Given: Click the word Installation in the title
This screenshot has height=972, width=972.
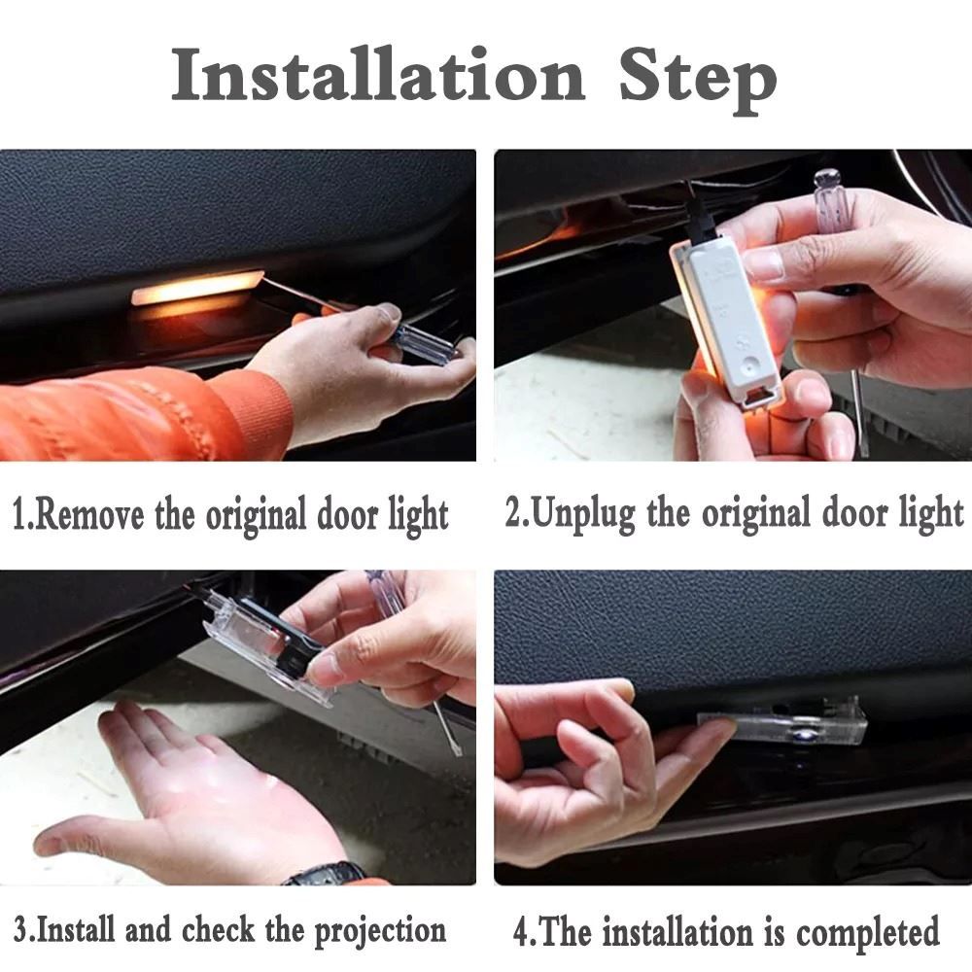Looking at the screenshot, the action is pos(377,76).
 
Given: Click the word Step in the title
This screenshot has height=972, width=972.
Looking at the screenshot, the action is pos(698,82).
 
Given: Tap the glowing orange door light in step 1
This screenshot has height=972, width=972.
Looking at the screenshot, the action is pos(197,288).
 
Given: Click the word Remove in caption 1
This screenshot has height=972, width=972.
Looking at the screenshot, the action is pos(89,516).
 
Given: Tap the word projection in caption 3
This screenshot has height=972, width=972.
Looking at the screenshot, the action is pos(380,932).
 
